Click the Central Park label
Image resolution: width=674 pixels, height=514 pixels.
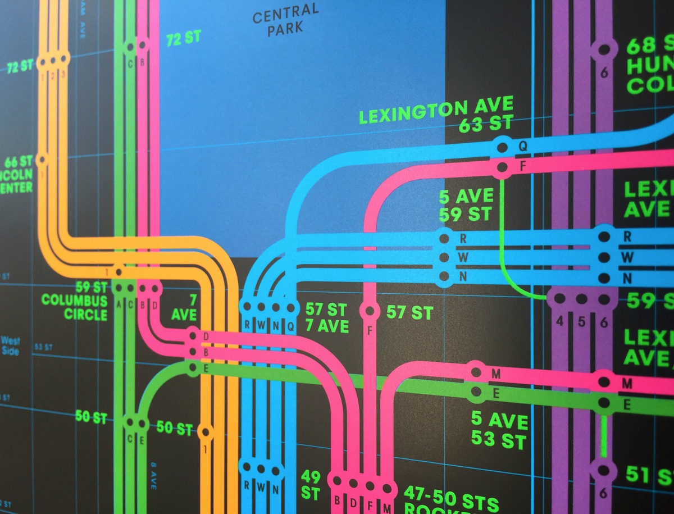(x=285, y=20)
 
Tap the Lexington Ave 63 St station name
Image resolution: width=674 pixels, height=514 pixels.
(x=436, y=114)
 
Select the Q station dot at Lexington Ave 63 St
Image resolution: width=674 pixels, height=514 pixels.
(x=503, y=148)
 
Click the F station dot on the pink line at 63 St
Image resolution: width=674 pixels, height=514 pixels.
(x=503, y=167)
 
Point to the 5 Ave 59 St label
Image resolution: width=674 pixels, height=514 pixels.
(x=466, y=205)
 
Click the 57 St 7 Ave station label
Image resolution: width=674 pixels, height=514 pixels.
(x=327, y=317)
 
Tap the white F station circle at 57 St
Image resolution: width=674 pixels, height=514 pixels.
(x=370, y=310)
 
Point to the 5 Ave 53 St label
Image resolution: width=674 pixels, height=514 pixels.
(x=499, y=429)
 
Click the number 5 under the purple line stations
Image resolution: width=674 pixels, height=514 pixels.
(x=581, y=322)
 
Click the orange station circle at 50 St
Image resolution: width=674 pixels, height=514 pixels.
(x=206, y=433)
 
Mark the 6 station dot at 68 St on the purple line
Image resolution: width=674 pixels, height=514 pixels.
(x=604, y=49)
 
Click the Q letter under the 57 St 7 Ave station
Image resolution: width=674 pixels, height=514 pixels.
(x=290, y=325)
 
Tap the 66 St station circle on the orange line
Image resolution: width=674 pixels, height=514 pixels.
(x=42, y=160)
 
